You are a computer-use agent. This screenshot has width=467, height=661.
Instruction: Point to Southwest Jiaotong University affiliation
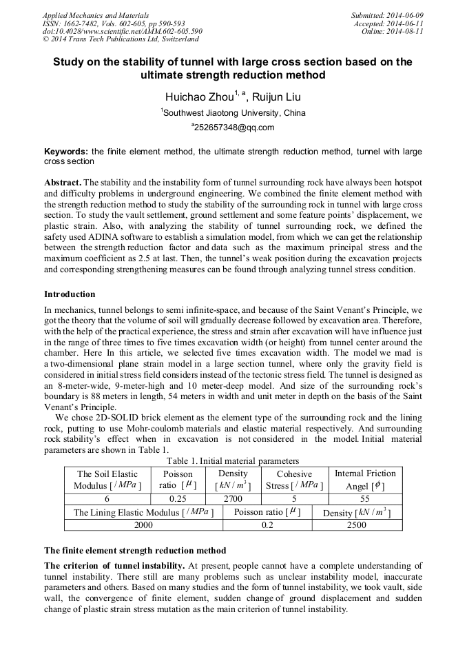[233, 113]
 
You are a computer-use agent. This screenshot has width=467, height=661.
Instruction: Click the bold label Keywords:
[65, 151]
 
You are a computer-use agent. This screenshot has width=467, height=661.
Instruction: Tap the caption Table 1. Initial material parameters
[233, 460]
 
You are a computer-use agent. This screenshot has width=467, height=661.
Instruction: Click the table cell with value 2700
[232, 498]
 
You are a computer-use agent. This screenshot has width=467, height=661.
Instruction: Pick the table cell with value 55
[365, 498]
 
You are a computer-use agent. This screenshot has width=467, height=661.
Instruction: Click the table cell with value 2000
[143, 525]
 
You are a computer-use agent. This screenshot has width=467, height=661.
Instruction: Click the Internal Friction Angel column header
[365, 479]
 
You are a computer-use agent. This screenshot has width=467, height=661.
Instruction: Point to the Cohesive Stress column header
[294, 479]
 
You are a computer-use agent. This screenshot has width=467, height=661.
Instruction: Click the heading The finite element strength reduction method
[135, 551]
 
